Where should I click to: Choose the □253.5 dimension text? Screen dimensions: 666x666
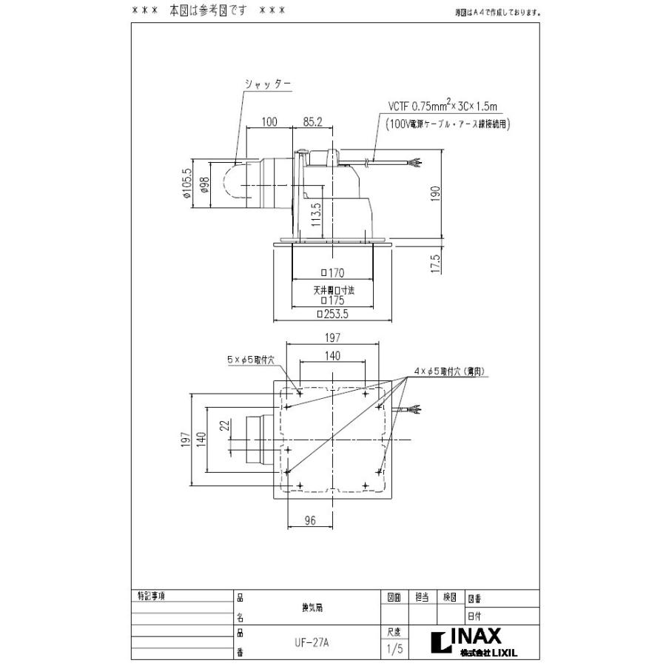332,314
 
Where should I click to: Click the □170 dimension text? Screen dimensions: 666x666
332,273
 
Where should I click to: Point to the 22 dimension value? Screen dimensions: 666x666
221,428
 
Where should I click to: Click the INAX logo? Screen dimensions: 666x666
474,636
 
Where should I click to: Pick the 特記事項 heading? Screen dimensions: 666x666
152,596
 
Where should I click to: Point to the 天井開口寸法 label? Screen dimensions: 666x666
332,291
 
